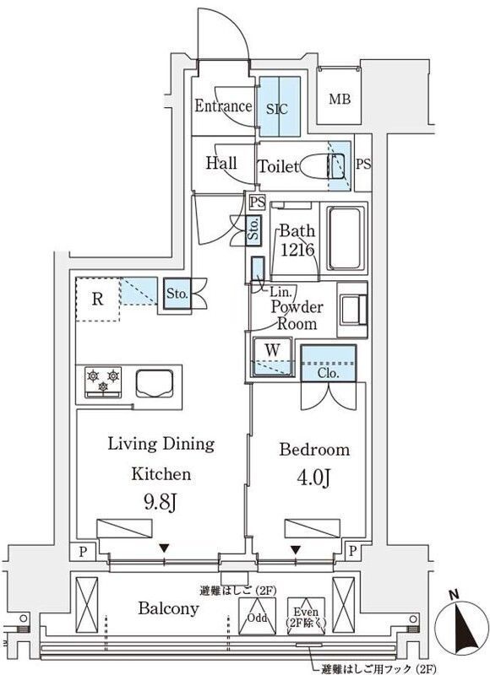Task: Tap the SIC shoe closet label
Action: point(276,108)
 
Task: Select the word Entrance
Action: point(223,106)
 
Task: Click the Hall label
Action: point(221,163)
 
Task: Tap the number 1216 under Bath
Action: point(297,250)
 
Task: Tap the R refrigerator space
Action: point(97,298)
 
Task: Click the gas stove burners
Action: point(103,381)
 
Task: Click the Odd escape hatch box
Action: point(258,618)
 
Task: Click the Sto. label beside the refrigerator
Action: point(176,294)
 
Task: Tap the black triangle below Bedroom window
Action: point(296,549)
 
